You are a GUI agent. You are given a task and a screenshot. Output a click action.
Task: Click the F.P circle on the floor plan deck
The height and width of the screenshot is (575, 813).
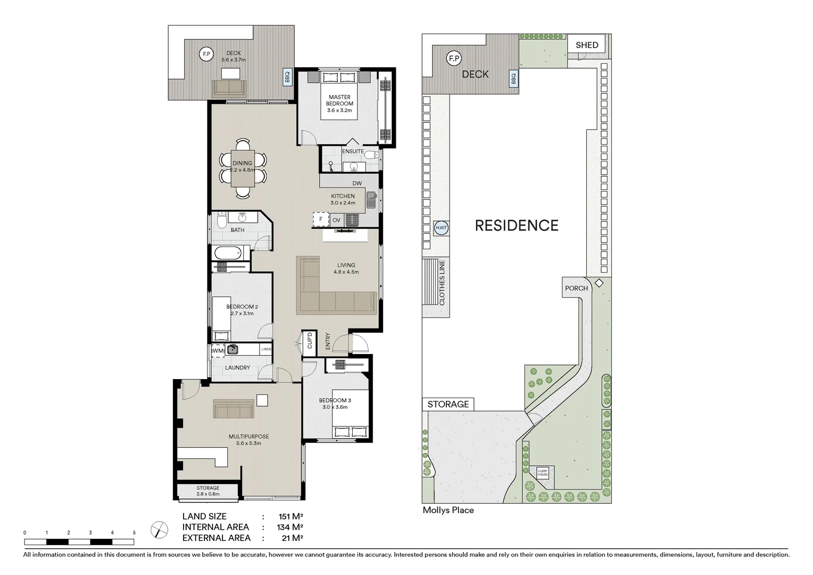206,53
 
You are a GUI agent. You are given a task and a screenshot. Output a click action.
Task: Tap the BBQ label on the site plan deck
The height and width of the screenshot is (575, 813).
513,79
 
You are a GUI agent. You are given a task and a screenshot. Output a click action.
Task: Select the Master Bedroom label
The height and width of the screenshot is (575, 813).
339,100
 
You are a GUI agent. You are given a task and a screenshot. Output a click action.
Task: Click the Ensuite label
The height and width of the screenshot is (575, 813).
353,152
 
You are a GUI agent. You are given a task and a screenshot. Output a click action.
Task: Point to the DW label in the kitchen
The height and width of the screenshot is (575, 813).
357,183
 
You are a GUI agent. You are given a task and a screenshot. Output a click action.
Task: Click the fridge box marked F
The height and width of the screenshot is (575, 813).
320,219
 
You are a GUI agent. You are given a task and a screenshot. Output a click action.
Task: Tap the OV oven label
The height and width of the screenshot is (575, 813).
336,220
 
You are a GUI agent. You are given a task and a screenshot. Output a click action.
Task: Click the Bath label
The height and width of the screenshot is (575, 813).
237,230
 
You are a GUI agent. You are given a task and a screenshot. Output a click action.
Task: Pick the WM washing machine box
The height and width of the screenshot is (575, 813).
218,351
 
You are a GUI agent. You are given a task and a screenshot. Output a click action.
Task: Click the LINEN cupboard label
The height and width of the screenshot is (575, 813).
266,349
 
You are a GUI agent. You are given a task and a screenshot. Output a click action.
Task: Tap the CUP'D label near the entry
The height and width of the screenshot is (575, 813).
309,341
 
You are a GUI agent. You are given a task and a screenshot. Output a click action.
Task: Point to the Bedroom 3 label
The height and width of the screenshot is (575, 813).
335,404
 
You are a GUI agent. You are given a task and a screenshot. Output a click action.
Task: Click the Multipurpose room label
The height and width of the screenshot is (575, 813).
248,440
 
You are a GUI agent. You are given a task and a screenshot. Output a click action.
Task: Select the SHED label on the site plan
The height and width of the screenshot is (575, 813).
587,45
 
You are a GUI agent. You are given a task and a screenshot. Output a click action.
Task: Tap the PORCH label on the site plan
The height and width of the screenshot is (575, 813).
576,288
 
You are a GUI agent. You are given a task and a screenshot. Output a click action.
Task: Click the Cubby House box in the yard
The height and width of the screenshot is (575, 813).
542,472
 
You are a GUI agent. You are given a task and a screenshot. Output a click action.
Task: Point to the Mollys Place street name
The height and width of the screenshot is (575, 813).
448,510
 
